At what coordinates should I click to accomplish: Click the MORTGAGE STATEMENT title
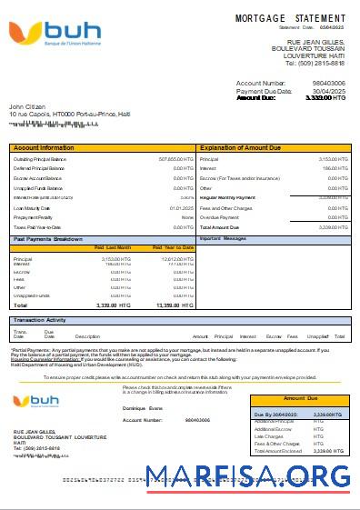(290, 18)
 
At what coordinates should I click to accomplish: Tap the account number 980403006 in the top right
(328, 83)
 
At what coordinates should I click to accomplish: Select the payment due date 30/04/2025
(330, 91)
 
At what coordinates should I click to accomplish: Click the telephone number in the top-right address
(315, 63)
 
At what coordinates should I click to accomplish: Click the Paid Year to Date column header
(173, 246)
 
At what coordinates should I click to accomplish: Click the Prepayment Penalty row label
(34, 217)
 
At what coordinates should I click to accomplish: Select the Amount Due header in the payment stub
(301, 398)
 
